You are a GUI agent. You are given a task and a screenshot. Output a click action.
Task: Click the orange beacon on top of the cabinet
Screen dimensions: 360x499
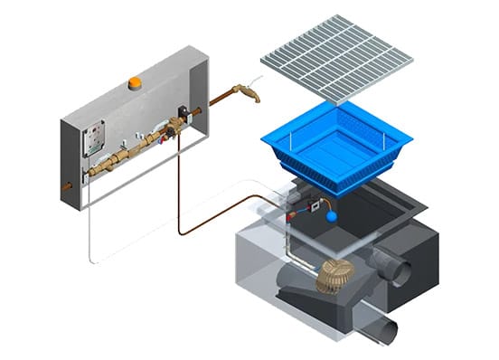[x=135, y=82]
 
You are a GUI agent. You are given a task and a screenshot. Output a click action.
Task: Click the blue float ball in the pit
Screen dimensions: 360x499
[x=334, y=216]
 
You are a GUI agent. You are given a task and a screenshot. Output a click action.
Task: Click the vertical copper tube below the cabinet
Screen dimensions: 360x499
[x=178, y=181]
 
